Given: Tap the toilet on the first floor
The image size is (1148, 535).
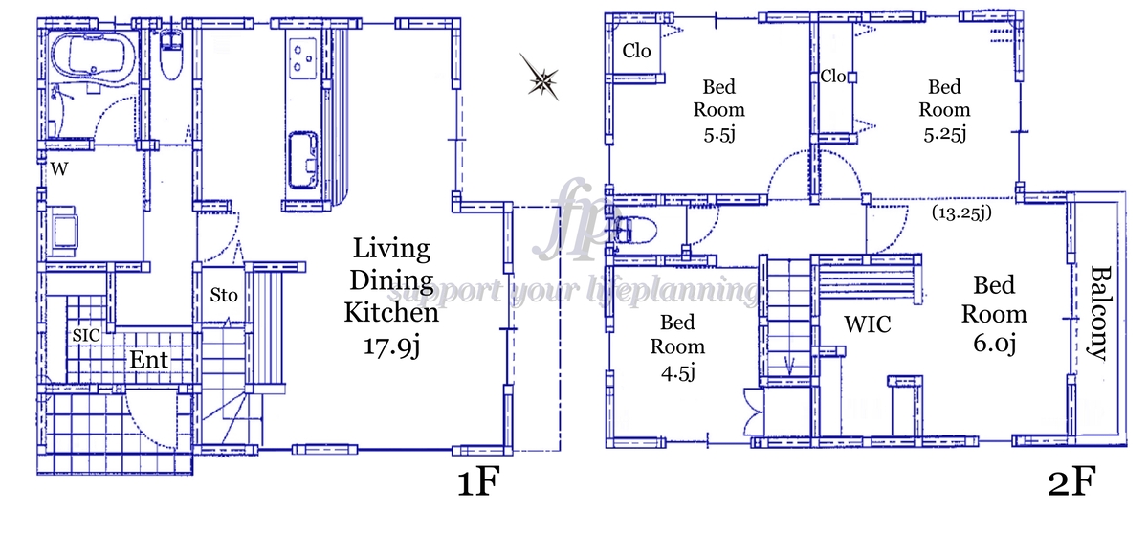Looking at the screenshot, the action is click(170, 55).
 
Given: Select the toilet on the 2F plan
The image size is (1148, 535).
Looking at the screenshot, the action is click(634, 230).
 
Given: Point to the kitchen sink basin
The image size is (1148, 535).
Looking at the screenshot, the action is click(303, 161).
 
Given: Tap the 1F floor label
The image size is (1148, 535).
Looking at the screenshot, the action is click(477, 481).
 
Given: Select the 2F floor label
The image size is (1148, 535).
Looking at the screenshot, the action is click(1071, 481).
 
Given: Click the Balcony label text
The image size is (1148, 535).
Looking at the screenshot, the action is click(1098, 313).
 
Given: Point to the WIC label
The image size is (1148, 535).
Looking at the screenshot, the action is click(867, 324).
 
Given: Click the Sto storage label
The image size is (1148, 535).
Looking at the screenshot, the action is click(224, 295).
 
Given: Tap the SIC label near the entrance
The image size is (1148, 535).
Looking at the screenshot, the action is click(85, 336).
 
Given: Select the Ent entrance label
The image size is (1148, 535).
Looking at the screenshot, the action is click(148, 360).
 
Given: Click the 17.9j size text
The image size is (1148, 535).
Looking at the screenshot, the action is click(392, 346).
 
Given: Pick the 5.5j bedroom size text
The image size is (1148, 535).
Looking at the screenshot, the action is click(719, 134).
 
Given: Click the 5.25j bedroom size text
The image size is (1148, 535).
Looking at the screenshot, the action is click(945, 133).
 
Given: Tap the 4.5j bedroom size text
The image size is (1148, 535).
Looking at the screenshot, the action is click(677, 373).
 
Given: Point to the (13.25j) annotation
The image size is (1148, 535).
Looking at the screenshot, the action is click(961, 212).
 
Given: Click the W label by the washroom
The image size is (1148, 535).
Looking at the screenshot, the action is click(59, 169).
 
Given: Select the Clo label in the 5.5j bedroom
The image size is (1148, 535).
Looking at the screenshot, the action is click(636, 51).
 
